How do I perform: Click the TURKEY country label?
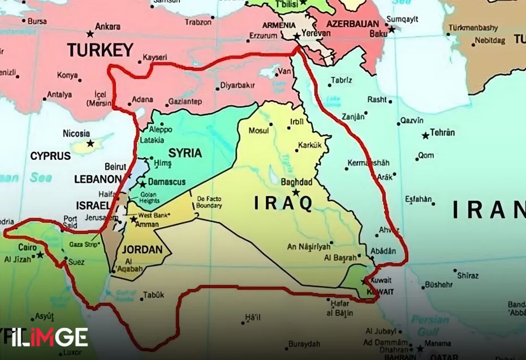(x=100, y=50)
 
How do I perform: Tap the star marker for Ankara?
(x=90, y=34)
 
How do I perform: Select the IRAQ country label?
(x=283, y=202)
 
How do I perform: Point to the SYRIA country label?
(x=185, y=153)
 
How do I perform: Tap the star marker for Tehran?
(x=425, y=136)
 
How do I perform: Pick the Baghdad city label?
(x=296, y=182)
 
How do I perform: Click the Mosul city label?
(x=259, y=131)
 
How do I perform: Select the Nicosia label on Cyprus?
(x=76, y=133)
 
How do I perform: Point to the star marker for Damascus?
(x=143, y=184)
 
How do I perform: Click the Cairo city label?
(x=27, y=247)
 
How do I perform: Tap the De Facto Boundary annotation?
(x=209, y=202)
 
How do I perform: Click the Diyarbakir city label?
(x=237, y=86)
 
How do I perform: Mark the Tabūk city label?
(x=154, y=294)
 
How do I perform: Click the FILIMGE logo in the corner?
(x=44, y=337)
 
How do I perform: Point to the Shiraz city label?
(x=467, y=275)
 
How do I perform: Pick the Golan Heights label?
(x=149, y=197)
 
